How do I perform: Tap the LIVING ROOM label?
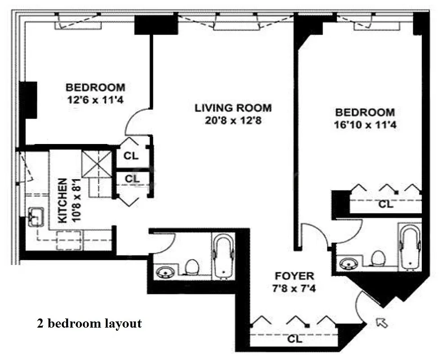click(x=233, y=108)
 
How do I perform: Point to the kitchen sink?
click(x=35, y=217)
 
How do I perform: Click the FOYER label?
click(x=294, y=276)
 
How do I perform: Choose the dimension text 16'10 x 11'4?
click(x=365, y=125)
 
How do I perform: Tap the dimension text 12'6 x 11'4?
click(x=95, y=99)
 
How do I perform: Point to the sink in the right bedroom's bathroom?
click(x=349, y=262)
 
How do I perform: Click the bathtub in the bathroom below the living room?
click(x=224, y=255)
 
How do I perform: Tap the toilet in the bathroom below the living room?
click(x=193, y=266)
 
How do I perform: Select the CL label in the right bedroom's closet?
click(x=385, y=204)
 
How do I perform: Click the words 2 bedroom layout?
click(x=89, y=323)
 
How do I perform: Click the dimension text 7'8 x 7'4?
click(x=294, y=288)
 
